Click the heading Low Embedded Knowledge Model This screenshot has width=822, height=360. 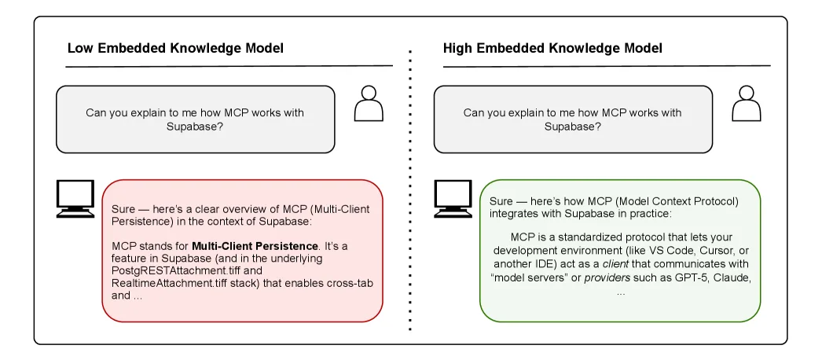[175, 49]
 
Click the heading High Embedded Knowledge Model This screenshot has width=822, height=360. [552, 49]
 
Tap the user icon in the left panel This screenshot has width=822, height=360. [368, 104]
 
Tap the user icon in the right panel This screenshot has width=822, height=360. [746, 104]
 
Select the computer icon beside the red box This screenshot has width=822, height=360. [75, 199]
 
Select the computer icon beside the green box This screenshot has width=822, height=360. [453, 199]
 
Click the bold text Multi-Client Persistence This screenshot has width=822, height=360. [255, 246]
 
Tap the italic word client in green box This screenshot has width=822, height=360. [608, 265]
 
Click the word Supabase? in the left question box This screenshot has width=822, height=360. [194, 127]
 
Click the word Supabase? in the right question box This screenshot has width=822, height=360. [572, 127]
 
